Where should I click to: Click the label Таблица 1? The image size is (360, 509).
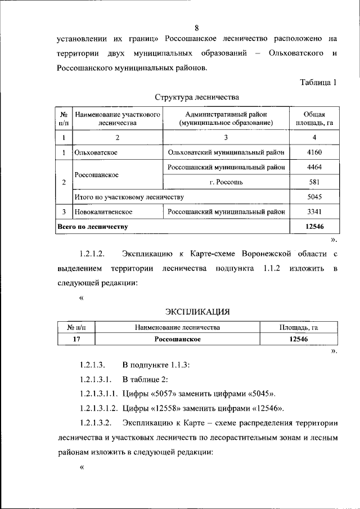click(318, 82)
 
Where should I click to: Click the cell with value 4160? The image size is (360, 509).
click(314, 152)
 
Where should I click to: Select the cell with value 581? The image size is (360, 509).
click(314, 182)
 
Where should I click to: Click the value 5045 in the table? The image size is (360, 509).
click(314, 197)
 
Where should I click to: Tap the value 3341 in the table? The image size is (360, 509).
click(314, 212)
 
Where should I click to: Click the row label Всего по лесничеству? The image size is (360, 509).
click(92, 227)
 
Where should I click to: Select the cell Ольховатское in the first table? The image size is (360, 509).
click(100, 152)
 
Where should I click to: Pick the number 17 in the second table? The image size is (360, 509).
click(76, 339)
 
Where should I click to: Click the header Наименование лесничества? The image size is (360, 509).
click(178, 327)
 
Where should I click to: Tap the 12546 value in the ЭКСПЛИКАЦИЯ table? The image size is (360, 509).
click(299, 339)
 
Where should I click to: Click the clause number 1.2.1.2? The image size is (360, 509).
click(99, 254)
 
